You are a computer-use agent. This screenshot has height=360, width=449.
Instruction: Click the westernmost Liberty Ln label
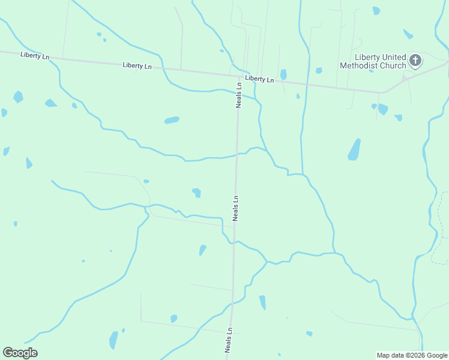coord(34,55)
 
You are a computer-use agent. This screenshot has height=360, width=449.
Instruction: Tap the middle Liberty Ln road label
coord(137,65)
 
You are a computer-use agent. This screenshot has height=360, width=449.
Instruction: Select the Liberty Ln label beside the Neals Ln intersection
coord(259,79)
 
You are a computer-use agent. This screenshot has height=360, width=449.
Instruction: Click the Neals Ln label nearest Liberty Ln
coord(238,95)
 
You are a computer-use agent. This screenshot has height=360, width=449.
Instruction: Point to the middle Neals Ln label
coord(236,208)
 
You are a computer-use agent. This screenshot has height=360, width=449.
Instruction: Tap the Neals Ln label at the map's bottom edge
coord(229,339)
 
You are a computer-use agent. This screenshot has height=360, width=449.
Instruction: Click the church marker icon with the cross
coord(415,60)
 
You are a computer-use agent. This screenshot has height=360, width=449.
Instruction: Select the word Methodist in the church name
coord(363,65)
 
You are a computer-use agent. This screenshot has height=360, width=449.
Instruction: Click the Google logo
coord(20,353)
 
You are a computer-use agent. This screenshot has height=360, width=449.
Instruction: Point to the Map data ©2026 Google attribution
coord(411,355)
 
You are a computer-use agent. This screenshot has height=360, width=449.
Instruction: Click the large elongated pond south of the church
coord(354,149)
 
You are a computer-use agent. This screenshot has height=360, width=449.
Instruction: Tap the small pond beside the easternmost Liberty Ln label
coord(283,74)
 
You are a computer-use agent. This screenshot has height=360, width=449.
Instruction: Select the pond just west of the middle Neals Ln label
coord(196,193)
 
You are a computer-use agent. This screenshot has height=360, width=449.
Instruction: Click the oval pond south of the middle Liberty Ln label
coord(172,120)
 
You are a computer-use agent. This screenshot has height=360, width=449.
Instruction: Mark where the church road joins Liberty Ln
coord(383,92)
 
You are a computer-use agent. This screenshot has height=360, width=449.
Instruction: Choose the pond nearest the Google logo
coord(113,340)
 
